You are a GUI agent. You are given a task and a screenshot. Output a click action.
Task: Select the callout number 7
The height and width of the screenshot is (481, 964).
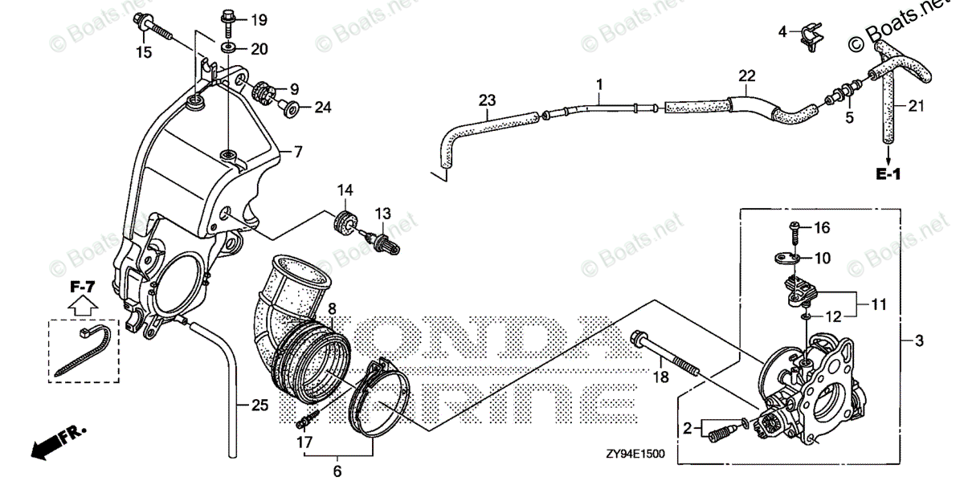(x=297, y=151)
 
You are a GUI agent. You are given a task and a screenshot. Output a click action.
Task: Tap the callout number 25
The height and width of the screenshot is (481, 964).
(x=257, y=406)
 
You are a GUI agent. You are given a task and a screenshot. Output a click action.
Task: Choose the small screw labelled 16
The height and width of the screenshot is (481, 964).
(x=795, y=230)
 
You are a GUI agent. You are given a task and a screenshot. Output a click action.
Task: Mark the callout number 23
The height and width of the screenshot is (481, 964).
(x=487, y=100)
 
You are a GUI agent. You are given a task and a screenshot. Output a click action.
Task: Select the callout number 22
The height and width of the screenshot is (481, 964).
(x=747, y=76)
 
